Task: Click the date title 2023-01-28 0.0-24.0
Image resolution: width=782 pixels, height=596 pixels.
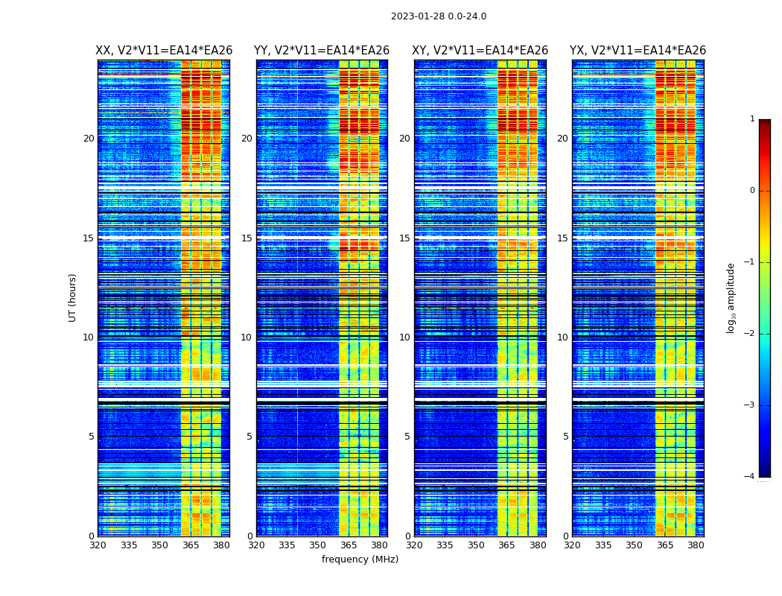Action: coord(439,16)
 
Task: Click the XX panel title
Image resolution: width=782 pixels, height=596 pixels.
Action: coord(164,51)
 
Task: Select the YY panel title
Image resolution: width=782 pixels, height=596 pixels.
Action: coord(322,51)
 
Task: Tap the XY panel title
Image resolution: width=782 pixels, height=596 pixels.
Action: coord(480,51)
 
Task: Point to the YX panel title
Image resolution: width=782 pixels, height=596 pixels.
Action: coord(638,51)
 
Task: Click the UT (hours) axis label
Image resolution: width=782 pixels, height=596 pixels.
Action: coord(73,297)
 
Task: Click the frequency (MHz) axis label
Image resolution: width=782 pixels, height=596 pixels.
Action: coord(360,559)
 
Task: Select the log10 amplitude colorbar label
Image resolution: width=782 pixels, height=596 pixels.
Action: coord(731,297)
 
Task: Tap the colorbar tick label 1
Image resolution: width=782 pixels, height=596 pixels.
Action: coord(752,119)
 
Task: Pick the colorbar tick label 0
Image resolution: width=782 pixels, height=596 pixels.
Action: coord(752,191)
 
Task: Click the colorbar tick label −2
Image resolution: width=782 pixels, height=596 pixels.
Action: coord(750,334)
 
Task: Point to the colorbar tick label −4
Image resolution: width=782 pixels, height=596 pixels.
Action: coord(750,477)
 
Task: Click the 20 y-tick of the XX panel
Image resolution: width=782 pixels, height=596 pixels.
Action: coord(89,139)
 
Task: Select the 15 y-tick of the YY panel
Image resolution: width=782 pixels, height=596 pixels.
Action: coord(247,238)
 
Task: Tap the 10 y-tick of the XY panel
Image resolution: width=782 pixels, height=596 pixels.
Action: coord(404,337)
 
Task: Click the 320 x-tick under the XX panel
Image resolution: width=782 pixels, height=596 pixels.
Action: coord(98,545)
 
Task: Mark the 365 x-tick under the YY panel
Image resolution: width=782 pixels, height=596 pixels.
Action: coord(349,545)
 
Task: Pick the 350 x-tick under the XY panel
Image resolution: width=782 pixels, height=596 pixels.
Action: coord(476,545)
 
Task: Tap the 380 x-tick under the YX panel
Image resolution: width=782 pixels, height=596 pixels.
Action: coord(696,545)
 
